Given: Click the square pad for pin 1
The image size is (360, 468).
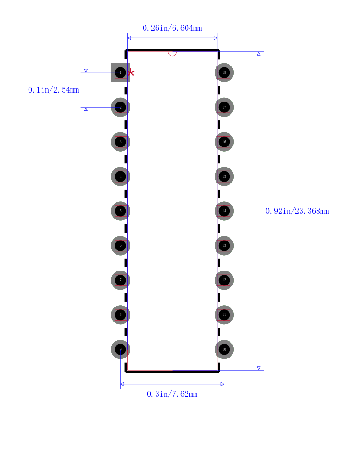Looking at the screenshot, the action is click(x=121, y=73).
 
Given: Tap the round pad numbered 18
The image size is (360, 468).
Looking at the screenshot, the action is click(x=224, y=73).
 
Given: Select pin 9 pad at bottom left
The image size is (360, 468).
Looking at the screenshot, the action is click(x=121, y=349).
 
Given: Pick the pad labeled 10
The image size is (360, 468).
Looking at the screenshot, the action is click(x=224, y=349).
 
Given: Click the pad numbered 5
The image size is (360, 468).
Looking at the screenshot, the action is click(x=121, y=211).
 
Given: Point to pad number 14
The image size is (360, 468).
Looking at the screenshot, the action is click(x=224, y=211).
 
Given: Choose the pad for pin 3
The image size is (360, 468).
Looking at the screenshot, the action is click(x=121, y=142).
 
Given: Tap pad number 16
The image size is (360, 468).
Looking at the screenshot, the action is click(x=224, y=142).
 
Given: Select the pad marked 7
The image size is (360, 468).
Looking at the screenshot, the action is click(x=121, y=280).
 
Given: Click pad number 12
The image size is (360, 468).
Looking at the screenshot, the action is click(x=224, y=280).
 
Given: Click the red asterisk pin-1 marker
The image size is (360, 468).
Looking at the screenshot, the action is click(x=130, y=73).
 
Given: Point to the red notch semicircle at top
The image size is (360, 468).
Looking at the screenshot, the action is click(x=173, y=54).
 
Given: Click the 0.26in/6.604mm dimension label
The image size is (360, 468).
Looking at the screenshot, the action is click(x=172, y=28).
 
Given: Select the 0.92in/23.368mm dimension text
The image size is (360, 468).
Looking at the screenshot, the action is click(x=297, y=211).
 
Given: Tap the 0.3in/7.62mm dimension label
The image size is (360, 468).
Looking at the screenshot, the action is click(x=172, y=394).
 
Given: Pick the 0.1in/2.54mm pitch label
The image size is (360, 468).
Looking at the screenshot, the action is click(x=53, y=90).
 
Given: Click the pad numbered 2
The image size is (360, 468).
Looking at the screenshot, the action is click(x=121, y=107).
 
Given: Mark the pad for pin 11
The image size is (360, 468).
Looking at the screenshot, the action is click(x=224, y=314).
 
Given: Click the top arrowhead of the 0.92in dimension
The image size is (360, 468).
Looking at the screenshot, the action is click(x=259, y=54).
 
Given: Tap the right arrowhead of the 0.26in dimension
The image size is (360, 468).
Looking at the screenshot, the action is click(x=216, y=38).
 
